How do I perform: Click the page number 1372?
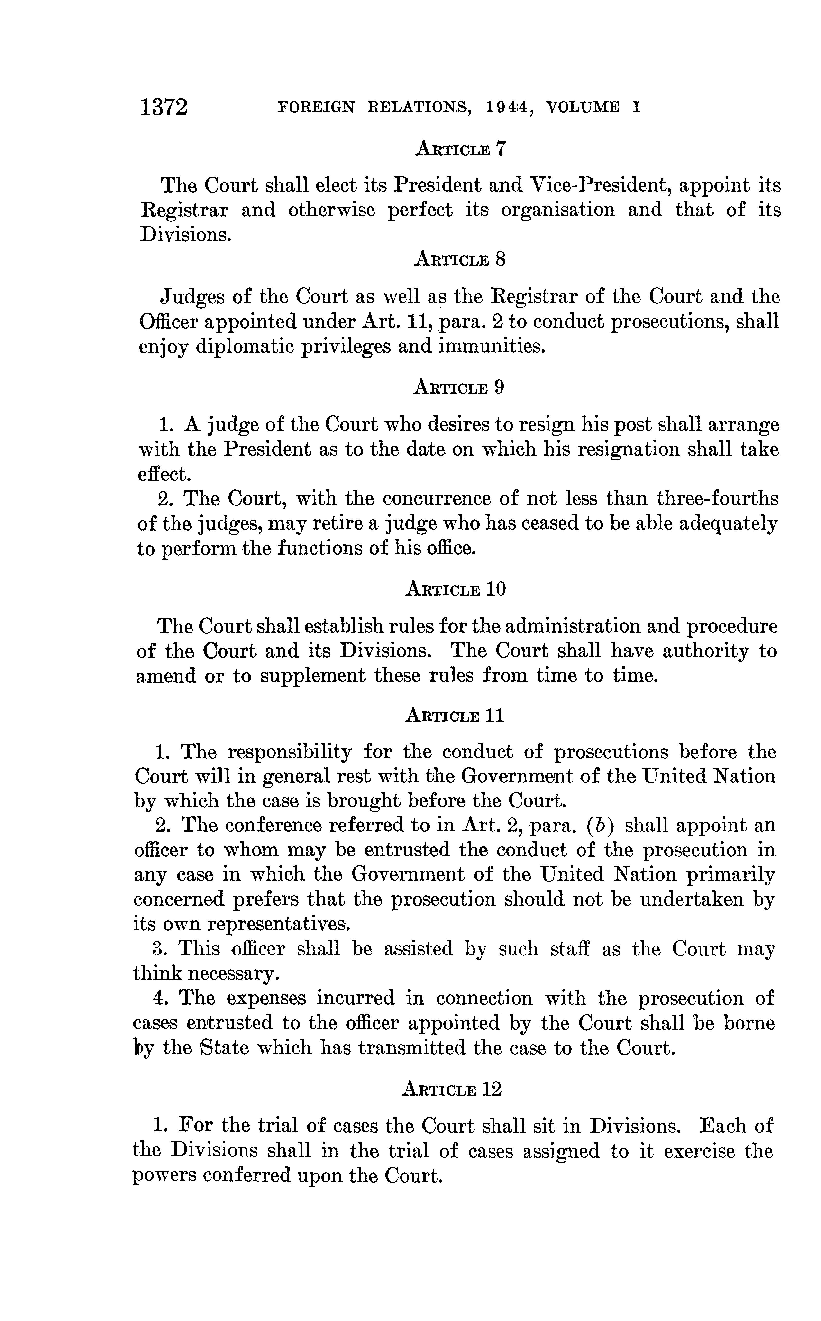164,107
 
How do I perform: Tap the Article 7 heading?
460,149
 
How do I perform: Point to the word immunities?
491,346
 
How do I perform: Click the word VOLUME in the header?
583,108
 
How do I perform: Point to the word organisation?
558,210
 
